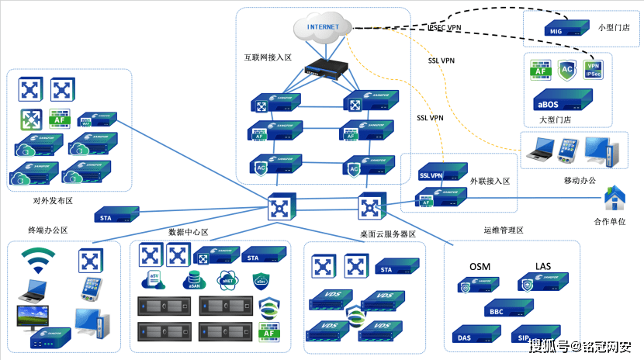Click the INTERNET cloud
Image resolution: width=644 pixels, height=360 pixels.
pyautogui.click(x=323, y=29)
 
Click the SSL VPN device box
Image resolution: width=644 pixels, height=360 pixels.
pyautogui.click(x=441, y=174)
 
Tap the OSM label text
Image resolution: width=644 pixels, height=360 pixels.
pyautogui.click(x=479, y=267)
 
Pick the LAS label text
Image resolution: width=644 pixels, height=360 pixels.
pyautogui.click(x=543, y=267)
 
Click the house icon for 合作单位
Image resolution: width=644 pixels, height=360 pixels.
pyautogui.click(x=615, y=199)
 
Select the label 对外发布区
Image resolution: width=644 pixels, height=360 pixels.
pyautogui.click(x=53, y=200)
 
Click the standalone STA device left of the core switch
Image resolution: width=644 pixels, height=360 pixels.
pyautogui.click(x=116, y=215)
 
